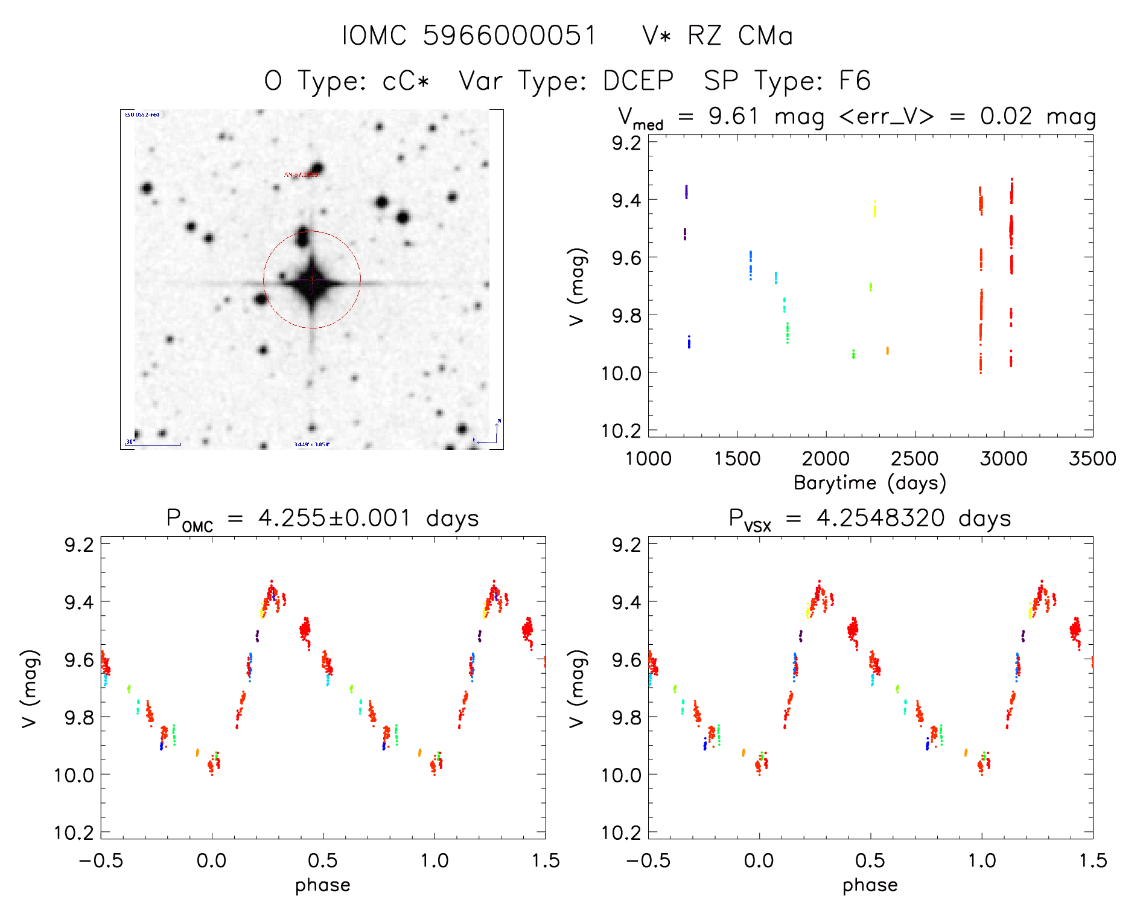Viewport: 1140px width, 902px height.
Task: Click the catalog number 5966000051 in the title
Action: [x=510, y=36]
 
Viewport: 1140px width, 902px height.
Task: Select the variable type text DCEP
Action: [x=638, y=81]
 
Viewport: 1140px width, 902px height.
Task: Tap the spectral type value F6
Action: [x=855, y=81]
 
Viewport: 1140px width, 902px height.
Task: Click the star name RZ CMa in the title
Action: [x=740, y=36]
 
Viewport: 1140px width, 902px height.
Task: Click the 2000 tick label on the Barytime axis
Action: [x=826, y=458]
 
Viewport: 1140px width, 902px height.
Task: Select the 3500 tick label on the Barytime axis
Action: [x=1092, y=458]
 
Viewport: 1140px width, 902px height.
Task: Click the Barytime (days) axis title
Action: [x=870, y=483]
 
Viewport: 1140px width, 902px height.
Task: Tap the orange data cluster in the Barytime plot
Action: [x=887, y=350]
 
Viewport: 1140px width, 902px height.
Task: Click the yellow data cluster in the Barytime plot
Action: [x=874, y=209]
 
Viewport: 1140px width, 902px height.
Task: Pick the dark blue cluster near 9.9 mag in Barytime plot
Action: [x=689, y=342]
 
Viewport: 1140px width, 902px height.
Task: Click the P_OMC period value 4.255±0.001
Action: [x=334, y=518]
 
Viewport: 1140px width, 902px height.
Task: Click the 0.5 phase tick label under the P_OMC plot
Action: [x=323, y=860]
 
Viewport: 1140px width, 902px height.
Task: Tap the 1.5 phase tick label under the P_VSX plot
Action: [x=1092, y=860]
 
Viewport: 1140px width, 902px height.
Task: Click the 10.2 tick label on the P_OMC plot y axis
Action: [x=75, y=833]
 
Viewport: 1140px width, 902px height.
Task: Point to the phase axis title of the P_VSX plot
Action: [x=870, y=885]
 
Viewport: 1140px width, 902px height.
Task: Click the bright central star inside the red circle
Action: [x=312, y=280]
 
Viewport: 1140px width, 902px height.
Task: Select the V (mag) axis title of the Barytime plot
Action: [x=577, y=286]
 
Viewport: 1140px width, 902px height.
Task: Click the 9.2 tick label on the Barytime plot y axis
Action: [x=626, y=142]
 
